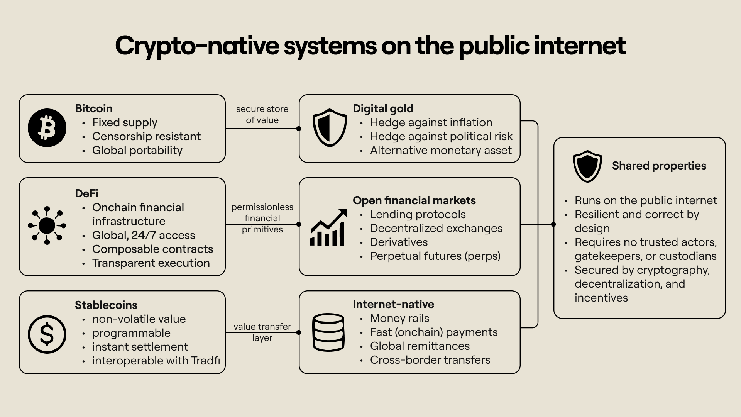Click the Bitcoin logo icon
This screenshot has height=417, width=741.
[47, 128]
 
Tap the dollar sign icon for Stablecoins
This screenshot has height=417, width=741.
[47, 334]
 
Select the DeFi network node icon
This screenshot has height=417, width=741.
[47, 225]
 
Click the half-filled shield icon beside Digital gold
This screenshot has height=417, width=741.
[330, 128]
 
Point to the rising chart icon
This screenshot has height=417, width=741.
[328, 227]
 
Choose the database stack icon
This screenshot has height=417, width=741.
[328, 332]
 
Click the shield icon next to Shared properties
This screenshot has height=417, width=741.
[587, 166]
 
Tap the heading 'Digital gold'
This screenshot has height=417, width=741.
[383, 108]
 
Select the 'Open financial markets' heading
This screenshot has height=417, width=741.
[414, 200]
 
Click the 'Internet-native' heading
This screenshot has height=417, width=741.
[393, 304]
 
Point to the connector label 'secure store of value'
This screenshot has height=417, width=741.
[262, 115]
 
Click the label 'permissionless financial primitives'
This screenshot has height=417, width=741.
[262, 218]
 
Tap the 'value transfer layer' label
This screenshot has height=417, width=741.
[262, 332]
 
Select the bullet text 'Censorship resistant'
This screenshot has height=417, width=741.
[146, 136]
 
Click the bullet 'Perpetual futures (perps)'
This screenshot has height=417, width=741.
[435, 256]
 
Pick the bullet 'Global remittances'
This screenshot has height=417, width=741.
[420, 346]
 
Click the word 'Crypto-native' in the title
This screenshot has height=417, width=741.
[197, 46]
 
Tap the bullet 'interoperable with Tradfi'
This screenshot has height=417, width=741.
[156, 361]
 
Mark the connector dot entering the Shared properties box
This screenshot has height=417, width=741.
[553, 224]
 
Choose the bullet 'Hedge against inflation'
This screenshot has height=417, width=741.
[431, 122]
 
